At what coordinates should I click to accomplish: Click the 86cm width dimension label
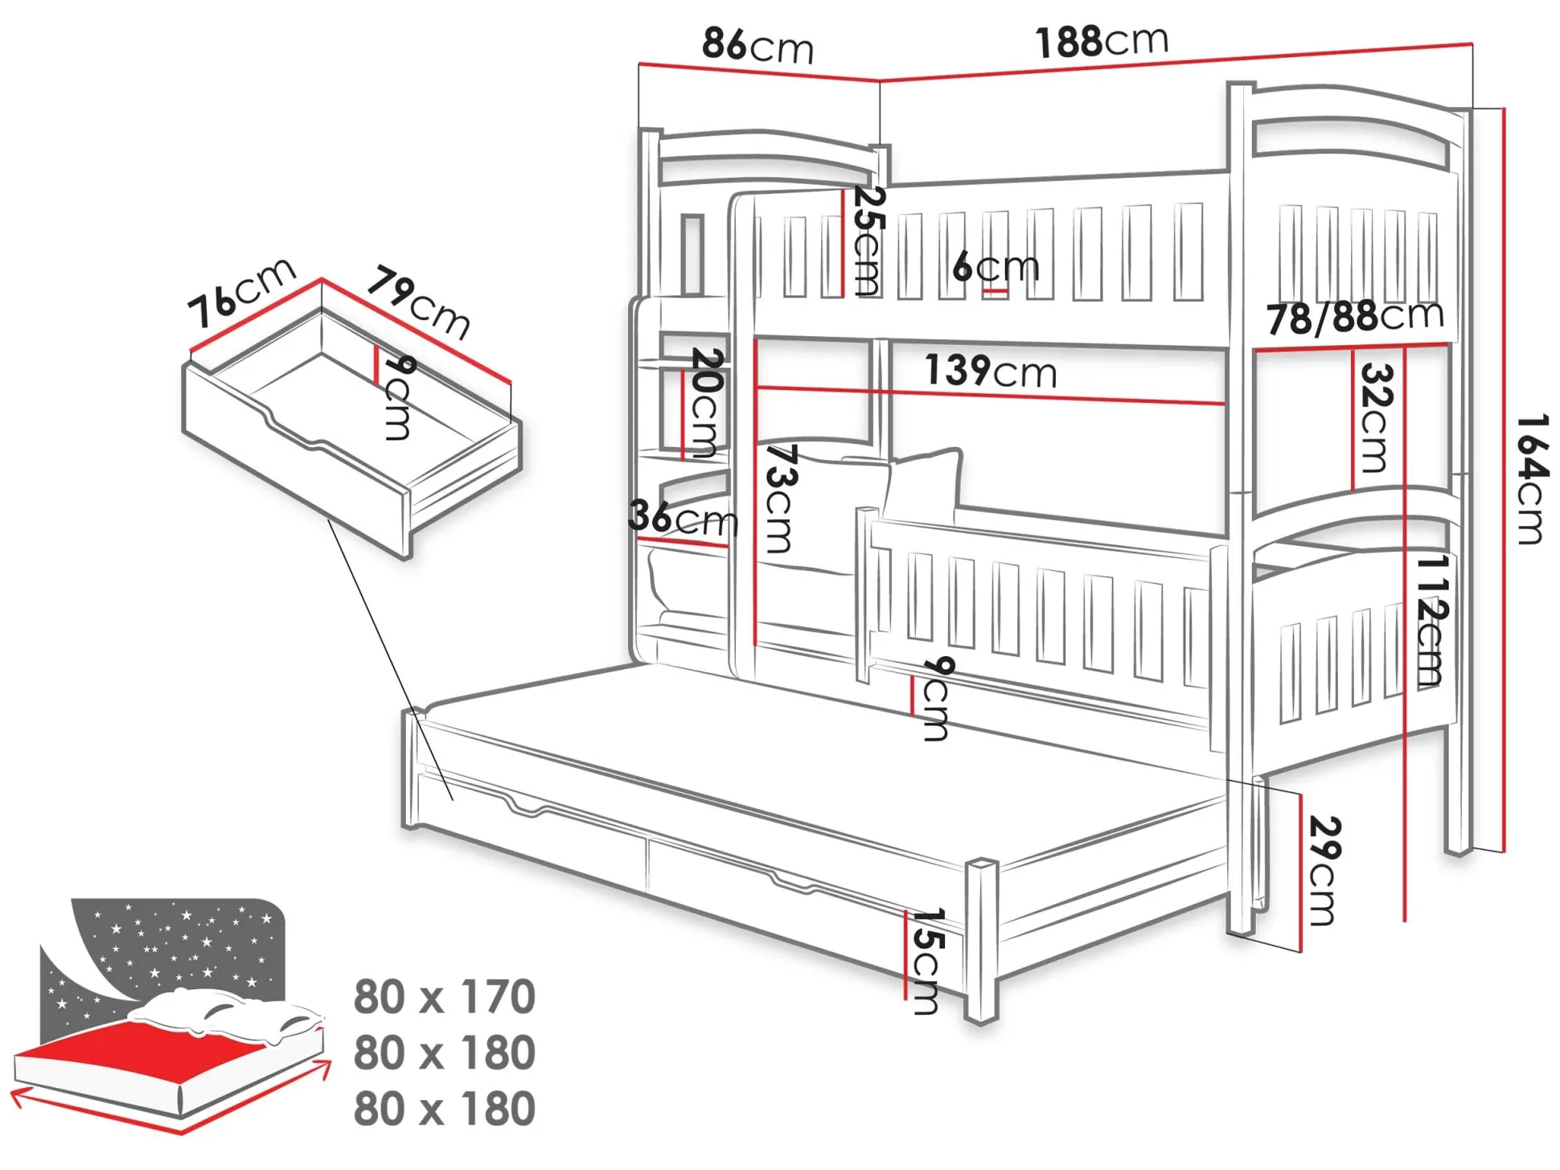pos(757,45)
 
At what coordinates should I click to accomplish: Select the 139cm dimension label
pos(991,372)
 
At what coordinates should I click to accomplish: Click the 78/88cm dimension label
pos(1356,318)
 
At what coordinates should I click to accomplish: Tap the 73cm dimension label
pos(779,499)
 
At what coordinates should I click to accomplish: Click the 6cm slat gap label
pos(996,266)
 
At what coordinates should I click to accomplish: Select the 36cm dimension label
pos(683,518)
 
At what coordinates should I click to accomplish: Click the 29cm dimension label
pos(1325,871)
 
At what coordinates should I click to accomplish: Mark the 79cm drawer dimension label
pos(418,304)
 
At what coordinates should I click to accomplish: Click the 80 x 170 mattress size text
pos(445,997)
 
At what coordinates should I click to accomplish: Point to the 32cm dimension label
pos(1374,418)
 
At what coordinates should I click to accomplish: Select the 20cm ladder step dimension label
pos(707,402)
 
